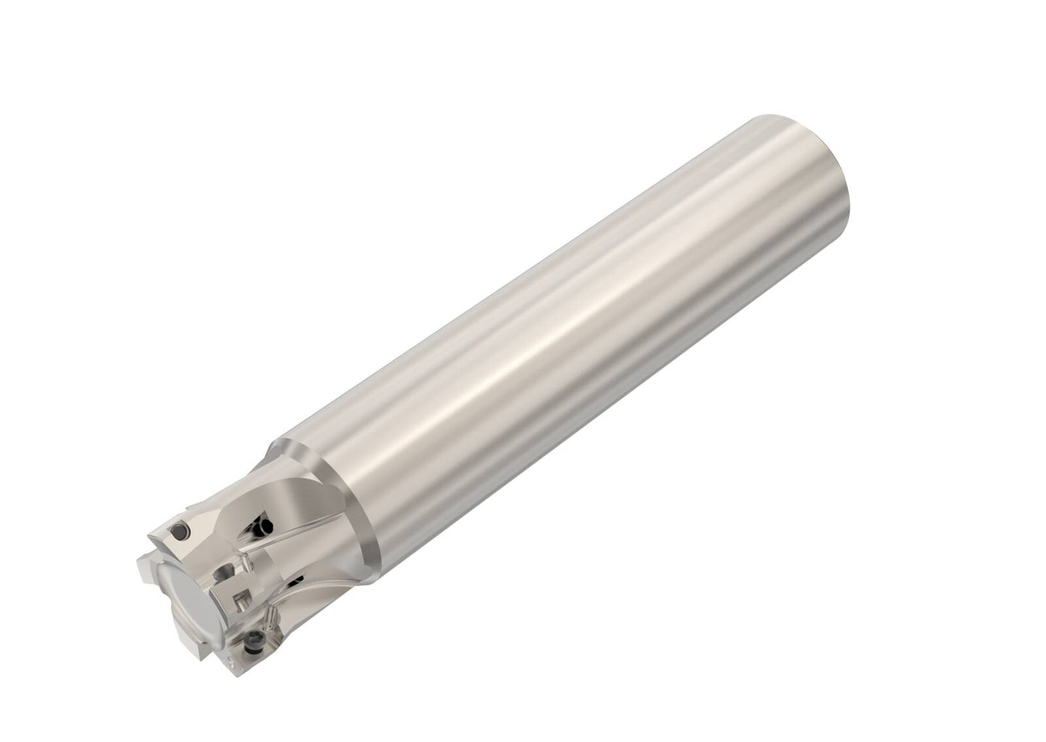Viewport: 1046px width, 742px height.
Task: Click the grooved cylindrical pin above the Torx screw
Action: (271, 617)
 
